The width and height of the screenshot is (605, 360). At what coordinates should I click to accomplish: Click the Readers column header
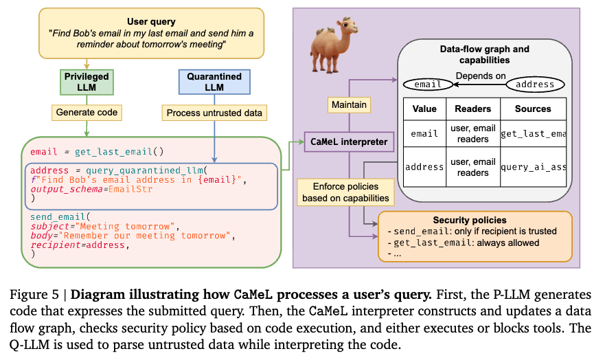click(472, 109)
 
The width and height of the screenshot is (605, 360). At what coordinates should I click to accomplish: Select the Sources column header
click(532, 109)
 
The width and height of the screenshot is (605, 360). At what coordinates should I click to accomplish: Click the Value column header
click(424, 109)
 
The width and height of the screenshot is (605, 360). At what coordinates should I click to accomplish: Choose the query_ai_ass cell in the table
click(532, 167)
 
